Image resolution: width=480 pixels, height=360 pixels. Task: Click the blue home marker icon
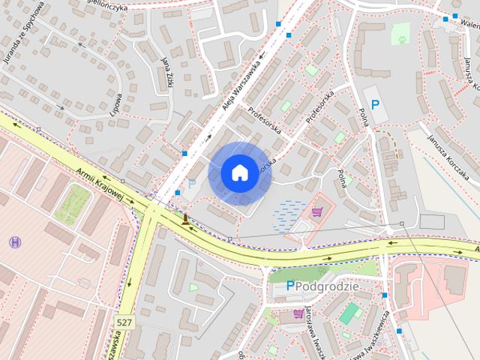[x=239, y=172]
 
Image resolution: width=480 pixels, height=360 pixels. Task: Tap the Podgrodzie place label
[x=328, y=286]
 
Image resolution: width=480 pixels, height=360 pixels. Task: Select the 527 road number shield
[x=125, y=322]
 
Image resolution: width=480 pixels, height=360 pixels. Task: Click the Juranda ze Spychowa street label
[x=25, y=37]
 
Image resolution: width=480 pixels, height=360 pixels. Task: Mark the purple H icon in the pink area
[x=15, y=241]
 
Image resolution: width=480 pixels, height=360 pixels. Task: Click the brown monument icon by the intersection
[x=184, y=219]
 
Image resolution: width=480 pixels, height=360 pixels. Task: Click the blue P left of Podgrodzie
[x=290, y=286]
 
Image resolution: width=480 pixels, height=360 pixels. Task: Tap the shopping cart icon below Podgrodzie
[x=298, y=313]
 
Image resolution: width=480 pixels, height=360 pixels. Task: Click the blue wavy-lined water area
[x=287, y=213]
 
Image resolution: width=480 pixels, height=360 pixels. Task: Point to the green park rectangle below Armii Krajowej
[x=73, y=203]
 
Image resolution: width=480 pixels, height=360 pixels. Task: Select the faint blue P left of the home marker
[x=192, y=184]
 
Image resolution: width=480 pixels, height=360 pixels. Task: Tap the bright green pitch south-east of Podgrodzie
[x=350, y=313]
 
